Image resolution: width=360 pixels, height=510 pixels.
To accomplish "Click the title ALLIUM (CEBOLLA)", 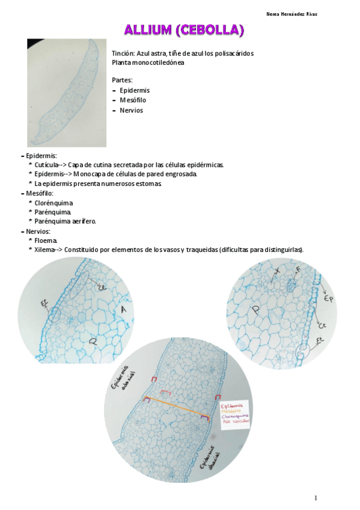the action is tap(184, 29).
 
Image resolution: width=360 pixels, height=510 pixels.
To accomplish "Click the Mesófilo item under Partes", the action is tap(133, 100).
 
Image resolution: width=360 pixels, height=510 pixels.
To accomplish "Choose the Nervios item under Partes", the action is tap(131, 110).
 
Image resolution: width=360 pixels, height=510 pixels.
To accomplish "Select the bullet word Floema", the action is tap(46, 241).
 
